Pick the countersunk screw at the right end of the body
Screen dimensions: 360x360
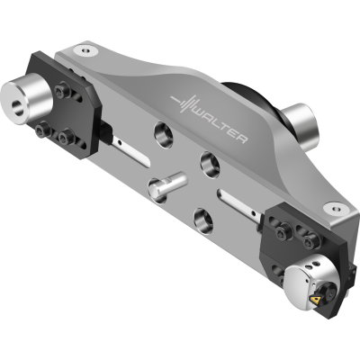[336, 207]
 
